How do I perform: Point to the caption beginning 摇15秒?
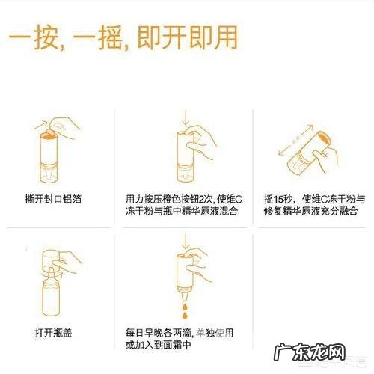pyautogui.click(x=313, y=206)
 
